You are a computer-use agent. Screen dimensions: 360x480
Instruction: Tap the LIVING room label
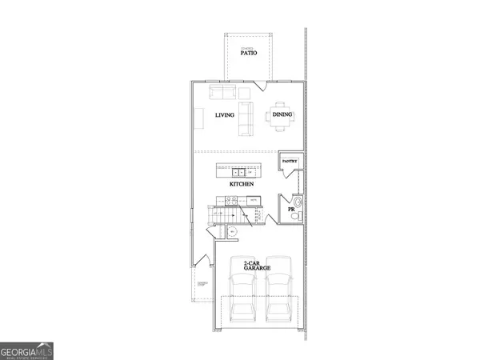[226, 115]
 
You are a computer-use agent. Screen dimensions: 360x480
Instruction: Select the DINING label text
[282, 115]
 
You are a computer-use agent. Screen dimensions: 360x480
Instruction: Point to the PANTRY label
[290, 161]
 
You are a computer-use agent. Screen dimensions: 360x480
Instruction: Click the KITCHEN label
[242, 184]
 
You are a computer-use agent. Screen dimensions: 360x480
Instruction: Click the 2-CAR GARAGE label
[257, 266]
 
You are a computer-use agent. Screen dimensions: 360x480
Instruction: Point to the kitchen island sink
[238, 172]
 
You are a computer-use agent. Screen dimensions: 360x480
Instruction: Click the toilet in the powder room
[295, 214]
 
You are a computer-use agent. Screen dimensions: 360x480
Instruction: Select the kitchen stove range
[230, 202]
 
